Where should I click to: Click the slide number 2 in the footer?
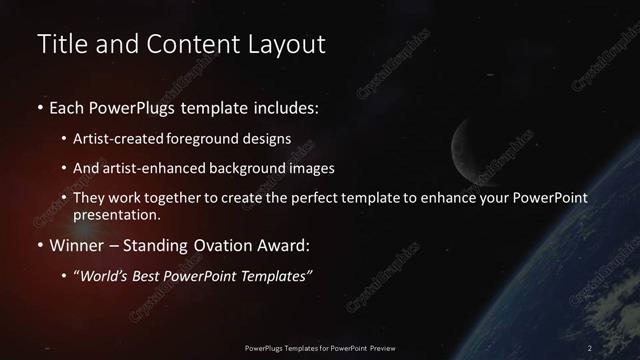click(x=590, y=347)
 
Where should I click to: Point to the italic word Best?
click(x=154, y=275)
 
